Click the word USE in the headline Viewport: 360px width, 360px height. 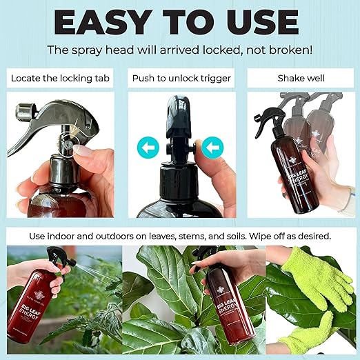click(x=266, y=22)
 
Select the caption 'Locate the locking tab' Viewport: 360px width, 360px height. click(x=61, y=78)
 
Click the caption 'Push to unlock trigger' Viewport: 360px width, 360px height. click(x=179, y=78)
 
